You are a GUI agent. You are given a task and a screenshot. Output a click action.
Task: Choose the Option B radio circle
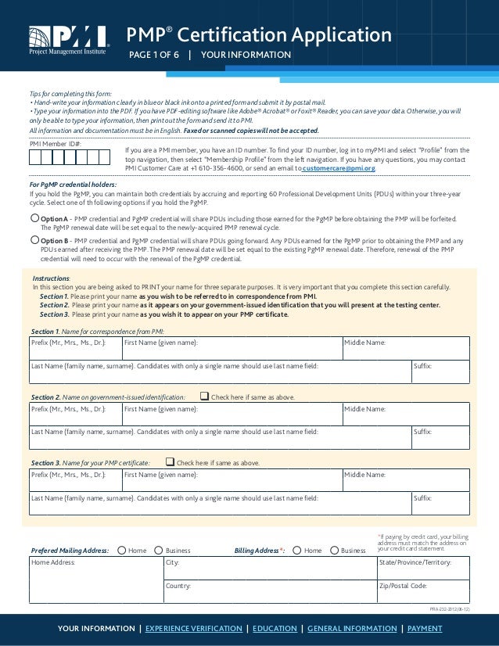tap(34, 240)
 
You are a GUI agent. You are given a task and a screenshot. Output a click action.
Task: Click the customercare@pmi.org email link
tap(339, 168)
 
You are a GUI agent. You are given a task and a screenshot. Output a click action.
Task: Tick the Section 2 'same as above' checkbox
tap(205, 397)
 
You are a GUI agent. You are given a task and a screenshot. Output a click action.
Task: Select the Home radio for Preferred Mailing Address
tap(121, 551)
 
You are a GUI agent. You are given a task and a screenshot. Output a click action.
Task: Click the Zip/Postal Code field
tap(422, 591)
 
